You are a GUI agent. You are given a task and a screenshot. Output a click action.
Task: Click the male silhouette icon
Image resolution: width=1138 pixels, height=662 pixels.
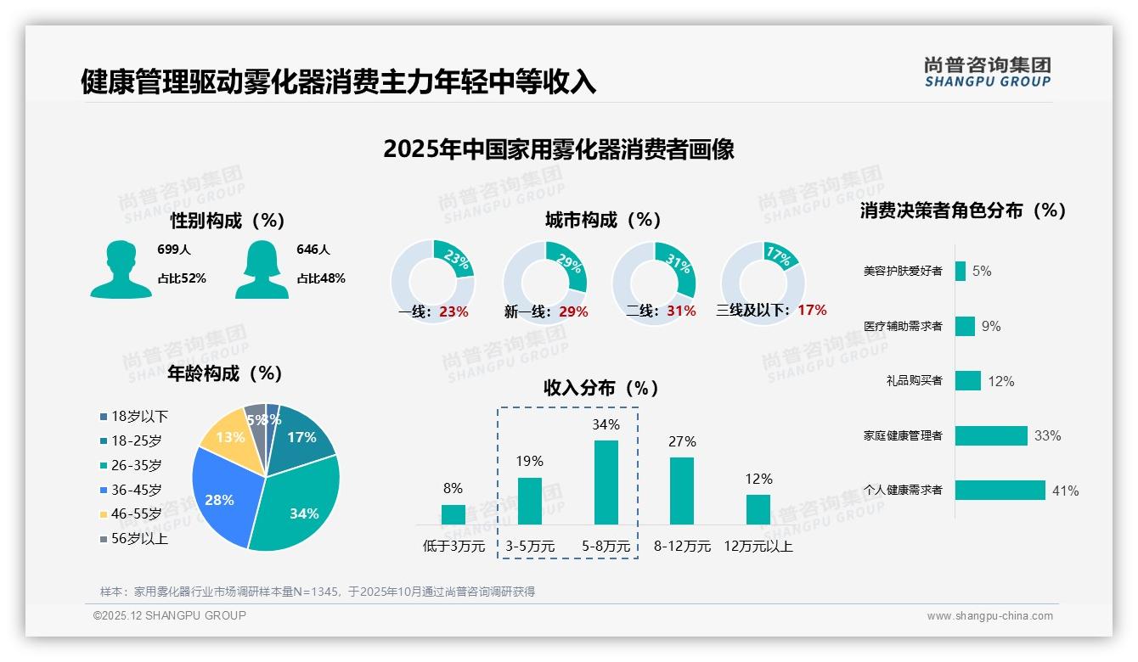pyautogui.click(x=121, y=269)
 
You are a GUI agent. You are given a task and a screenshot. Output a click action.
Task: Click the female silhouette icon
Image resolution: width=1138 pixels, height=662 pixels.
pyautogui.click(x=262, y=269)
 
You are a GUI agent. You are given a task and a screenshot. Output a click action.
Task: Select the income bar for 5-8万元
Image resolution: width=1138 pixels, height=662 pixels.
pyautogui.click(x=606, y=482)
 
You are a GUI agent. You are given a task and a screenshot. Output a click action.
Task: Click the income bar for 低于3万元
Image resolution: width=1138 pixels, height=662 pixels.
pyautogui.click(x=454, y=514)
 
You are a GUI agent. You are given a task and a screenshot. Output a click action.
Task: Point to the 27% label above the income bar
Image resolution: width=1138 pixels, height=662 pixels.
pyautogui.click(x=682, y=441)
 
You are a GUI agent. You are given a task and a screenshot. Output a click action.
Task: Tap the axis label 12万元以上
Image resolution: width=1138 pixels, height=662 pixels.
pyautogui.click(x=758, y=547)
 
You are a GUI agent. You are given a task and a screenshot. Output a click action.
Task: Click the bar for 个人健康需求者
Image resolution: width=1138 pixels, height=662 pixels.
pyautogui.click(x=1000, y=490)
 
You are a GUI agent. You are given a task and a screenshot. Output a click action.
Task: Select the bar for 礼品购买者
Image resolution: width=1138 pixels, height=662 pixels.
pyautogui.click(x=967, y=380)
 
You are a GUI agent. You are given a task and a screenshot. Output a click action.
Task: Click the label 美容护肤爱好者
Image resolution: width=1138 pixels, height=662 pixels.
pyautogui.click(x=902, y=272)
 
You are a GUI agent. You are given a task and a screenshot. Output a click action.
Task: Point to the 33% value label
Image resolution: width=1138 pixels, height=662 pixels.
pyautogui.click(x=1047, y=435)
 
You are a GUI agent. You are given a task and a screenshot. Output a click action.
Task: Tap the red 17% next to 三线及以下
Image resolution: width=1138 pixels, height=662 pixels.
pyautogui.click(x=812, y=311)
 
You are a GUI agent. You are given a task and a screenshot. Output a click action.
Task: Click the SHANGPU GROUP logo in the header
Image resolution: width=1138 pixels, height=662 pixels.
pyautogui.click(x=987, y=72)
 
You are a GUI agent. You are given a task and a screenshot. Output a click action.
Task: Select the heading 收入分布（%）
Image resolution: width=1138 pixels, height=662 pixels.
pyautogui.click(x=601, y=388)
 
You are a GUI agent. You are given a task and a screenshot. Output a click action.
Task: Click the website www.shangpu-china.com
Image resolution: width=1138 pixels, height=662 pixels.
pyautogui.click(x=989, y=616)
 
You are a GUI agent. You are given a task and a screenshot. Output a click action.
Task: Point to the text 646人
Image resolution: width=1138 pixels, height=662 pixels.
pyautogui.click(x=313, y=250)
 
